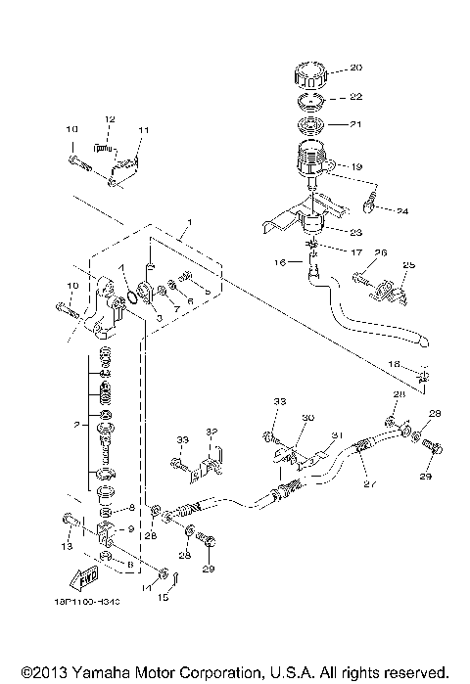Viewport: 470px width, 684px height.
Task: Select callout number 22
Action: (x=355, y=96)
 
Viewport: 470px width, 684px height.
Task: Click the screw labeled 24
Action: (x=371, y=205)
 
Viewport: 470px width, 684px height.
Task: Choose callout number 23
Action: (x=355, y=232)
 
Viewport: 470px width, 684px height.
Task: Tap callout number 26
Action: (x=381, y=251)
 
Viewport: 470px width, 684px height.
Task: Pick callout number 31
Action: (x=336, y=435)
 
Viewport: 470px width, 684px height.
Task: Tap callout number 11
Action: (x=143, y=129)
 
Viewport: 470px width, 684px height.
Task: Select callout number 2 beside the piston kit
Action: (x=75, y=426)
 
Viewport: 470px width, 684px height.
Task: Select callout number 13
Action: (x=68, y=545)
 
